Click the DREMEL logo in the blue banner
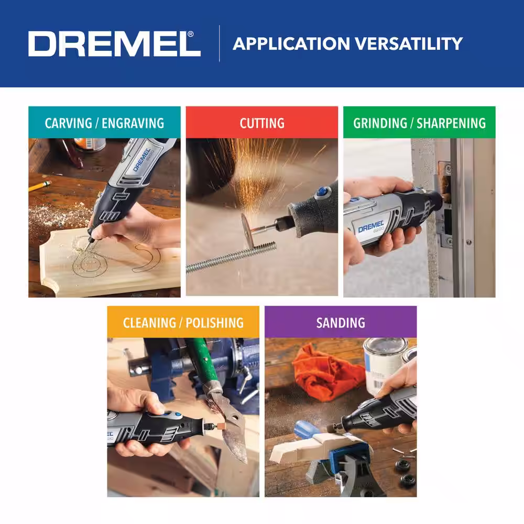[x=114, y=44]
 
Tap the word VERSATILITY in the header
[x=409, y=44]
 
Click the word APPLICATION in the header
[x=291, y=44]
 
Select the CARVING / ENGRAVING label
[x=105, y=123]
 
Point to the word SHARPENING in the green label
[x=451, y=123]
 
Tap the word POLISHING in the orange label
[x=214, y=323]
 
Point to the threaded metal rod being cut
[x=231, y=257]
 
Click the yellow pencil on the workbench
[x=40, y=185]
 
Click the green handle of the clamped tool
[x=202, y=363]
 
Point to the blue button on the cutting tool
[x=322, y=192]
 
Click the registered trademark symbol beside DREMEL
[x=191, y=34]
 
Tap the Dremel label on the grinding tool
[x=371, y=227]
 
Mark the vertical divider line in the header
[x=219, y=43]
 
